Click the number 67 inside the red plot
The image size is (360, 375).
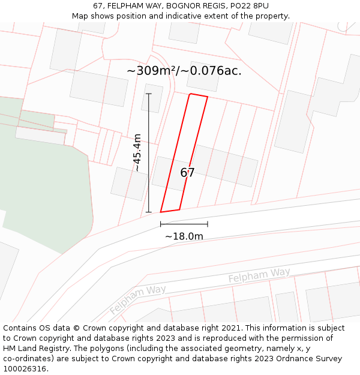click(187, 173)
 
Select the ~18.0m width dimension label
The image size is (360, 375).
click(184, 236)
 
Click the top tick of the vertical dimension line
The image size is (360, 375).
click(149, 94)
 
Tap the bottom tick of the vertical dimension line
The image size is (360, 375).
click(149, 212)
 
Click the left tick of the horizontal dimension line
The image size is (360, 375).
click(161, 224)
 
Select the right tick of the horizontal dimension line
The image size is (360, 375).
click(208, 224)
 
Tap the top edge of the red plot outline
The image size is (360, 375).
click(199, 95)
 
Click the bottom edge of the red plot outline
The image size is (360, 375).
click(170, 211)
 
